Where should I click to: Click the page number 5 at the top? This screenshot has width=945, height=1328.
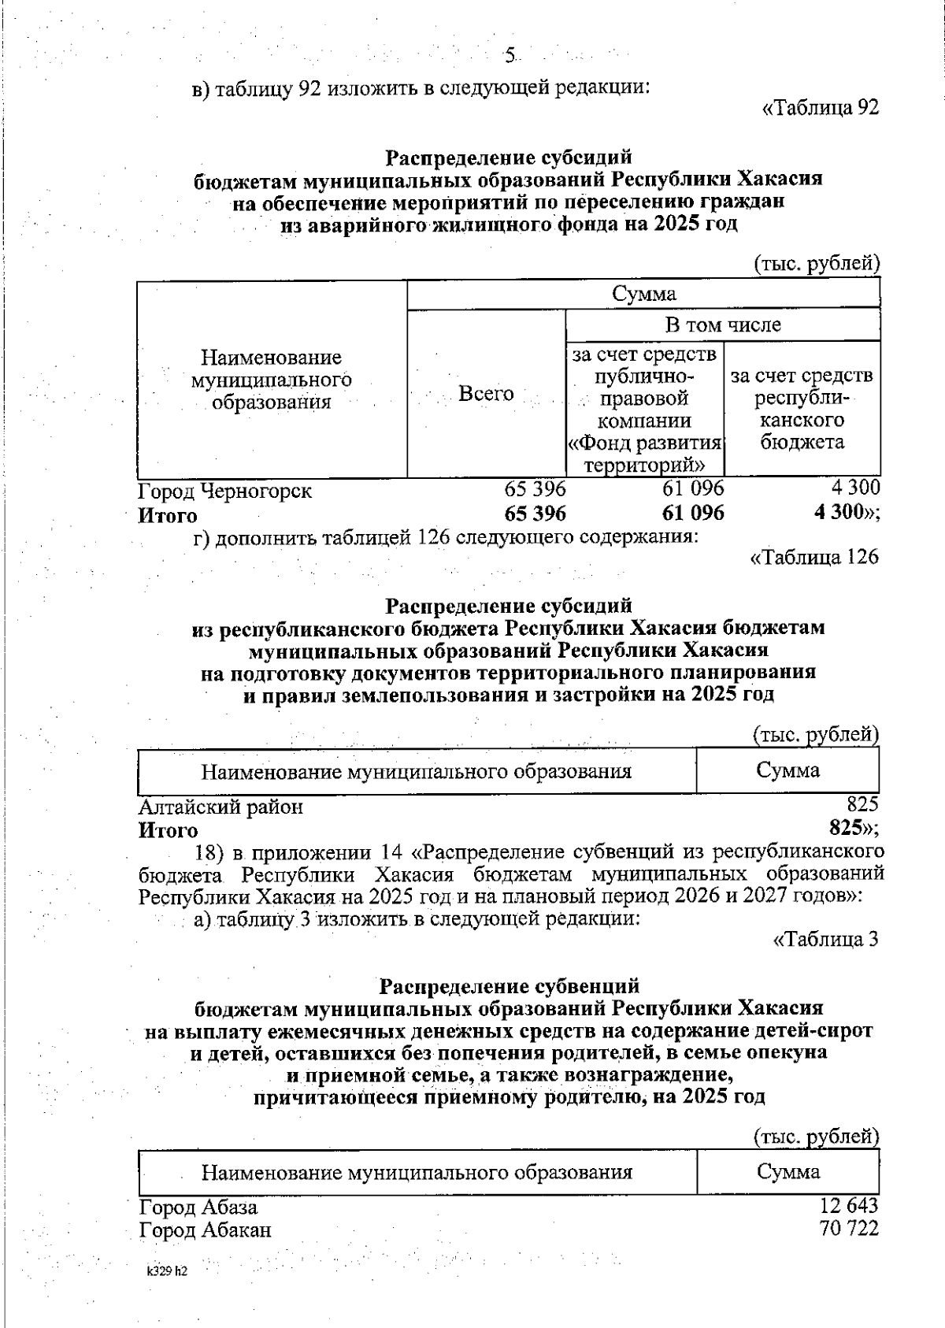point(510,55)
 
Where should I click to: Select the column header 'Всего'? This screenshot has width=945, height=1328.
point(486,393)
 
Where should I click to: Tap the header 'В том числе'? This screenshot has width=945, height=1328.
point(723,325)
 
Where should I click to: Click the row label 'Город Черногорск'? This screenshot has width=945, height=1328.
point(225,491)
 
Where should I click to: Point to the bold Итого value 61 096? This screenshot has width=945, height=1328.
point(693,514)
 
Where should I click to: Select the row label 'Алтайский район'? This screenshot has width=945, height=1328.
point(220,807)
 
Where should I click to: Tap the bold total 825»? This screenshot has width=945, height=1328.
point(854,829)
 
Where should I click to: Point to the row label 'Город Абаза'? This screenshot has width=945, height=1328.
point(198,1207)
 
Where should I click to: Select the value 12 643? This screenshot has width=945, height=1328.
point(848,1205)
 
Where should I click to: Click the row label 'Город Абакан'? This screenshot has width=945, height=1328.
point(206,1230)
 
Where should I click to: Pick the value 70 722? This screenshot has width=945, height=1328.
point(848,1228)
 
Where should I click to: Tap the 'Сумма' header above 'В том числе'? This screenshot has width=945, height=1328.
point(643,294)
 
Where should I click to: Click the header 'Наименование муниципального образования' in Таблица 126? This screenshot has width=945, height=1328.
point(417,771)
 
